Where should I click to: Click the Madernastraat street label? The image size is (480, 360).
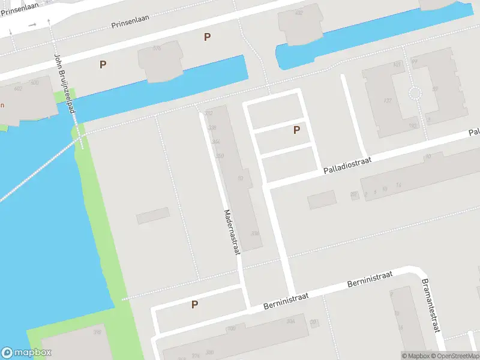(232, 232)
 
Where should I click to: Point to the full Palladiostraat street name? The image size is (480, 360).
(347, 163)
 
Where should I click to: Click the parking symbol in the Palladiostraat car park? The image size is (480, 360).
(296, 130)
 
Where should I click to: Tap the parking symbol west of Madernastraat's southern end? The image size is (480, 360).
(194, 304)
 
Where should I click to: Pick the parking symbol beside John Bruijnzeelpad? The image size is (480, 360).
(103, 64)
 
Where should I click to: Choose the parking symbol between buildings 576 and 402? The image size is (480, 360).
(208, 37)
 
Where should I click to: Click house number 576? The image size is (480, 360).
(157, 48)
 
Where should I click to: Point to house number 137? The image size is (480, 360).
(388, 100)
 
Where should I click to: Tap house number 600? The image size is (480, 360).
(34, 82)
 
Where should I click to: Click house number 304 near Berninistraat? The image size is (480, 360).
(290, 322)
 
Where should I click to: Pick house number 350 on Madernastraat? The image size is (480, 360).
(220, 156)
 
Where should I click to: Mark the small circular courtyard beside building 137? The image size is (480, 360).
(414, 93)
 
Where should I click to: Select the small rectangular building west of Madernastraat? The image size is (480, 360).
(152, 215)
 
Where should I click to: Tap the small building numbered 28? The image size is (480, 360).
(354, 194)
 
